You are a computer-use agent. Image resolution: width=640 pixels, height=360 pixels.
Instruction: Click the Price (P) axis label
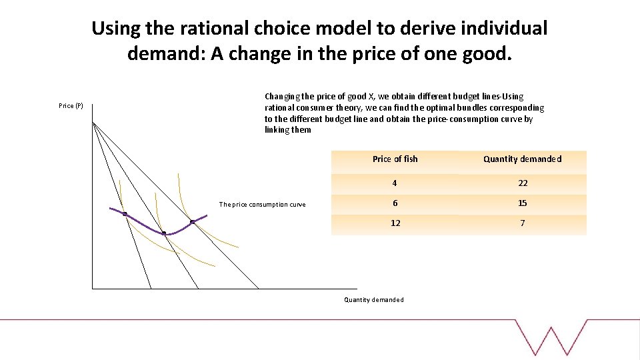point(71,106)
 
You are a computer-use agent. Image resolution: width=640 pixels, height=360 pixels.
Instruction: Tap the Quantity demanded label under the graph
point(373,300)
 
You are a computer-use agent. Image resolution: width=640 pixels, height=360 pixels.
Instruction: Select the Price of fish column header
point(395,159)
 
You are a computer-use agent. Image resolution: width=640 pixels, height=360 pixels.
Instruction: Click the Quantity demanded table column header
point(522,159)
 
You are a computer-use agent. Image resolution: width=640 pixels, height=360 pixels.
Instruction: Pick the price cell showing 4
point(395,183)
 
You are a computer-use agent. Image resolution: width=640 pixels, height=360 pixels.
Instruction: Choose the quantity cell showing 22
point(522,183)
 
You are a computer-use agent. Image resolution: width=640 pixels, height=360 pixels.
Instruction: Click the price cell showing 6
point(395,203)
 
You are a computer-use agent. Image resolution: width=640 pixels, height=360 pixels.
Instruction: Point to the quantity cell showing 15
point(522,203)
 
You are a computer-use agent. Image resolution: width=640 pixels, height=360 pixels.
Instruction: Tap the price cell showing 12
point(395,223)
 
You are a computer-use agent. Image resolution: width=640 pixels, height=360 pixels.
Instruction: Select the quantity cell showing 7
point(522,223)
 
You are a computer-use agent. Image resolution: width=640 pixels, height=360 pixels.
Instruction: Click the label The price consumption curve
point(262,205)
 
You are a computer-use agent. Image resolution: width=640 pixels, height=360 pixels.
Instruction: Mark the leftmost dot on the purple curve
point(125,214)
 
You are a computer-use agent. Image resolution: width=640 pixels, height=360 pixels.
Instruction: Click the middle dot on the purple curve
point(164,233)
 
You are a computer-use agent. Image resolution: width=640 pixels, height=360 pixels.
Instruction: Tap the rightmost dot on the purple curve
point(192,222)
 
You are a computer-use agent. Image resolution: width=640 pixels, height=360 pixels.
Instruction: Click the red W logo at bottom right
point(551,340)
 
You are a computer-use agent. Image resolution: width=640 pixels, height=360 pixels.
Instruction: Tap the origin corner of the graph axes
point(93,288)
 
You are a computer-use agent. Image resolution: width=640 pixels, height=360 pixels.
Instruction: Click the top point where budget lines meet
point(93,123)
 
